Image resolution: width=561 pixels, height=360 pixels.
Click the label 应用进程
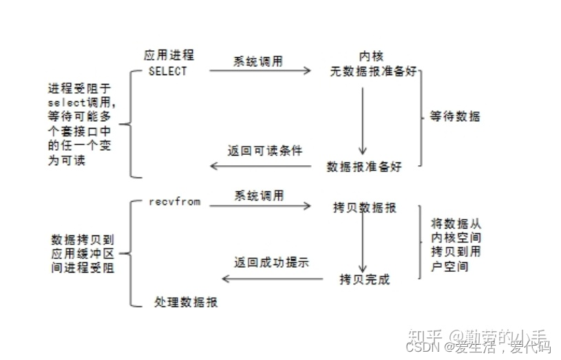(169, 55)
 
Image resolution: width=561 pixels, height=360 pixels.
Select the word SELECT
(167, 70)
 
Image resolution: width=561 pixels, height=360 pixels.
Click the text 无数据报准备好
(372, 70)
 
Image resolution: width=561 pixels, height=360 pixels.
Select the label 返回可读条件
(264, 150)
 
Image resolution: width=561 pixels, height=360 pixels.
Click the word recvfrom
(174, 202)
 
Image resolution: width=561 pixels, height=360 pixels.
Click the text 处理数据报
(187, 302)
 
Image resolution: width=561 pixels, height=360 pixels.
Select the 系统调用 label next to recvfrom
(258, 195)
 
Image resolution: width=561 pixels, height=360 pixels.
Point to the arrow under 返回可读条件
(264, 166)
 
